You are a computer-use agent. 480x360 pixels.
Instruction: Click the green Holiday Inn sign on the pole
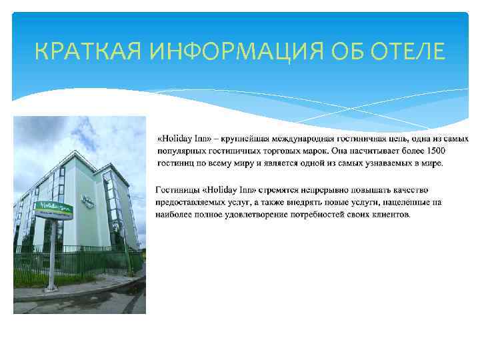pyautogui.click(x=55, y=210)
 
